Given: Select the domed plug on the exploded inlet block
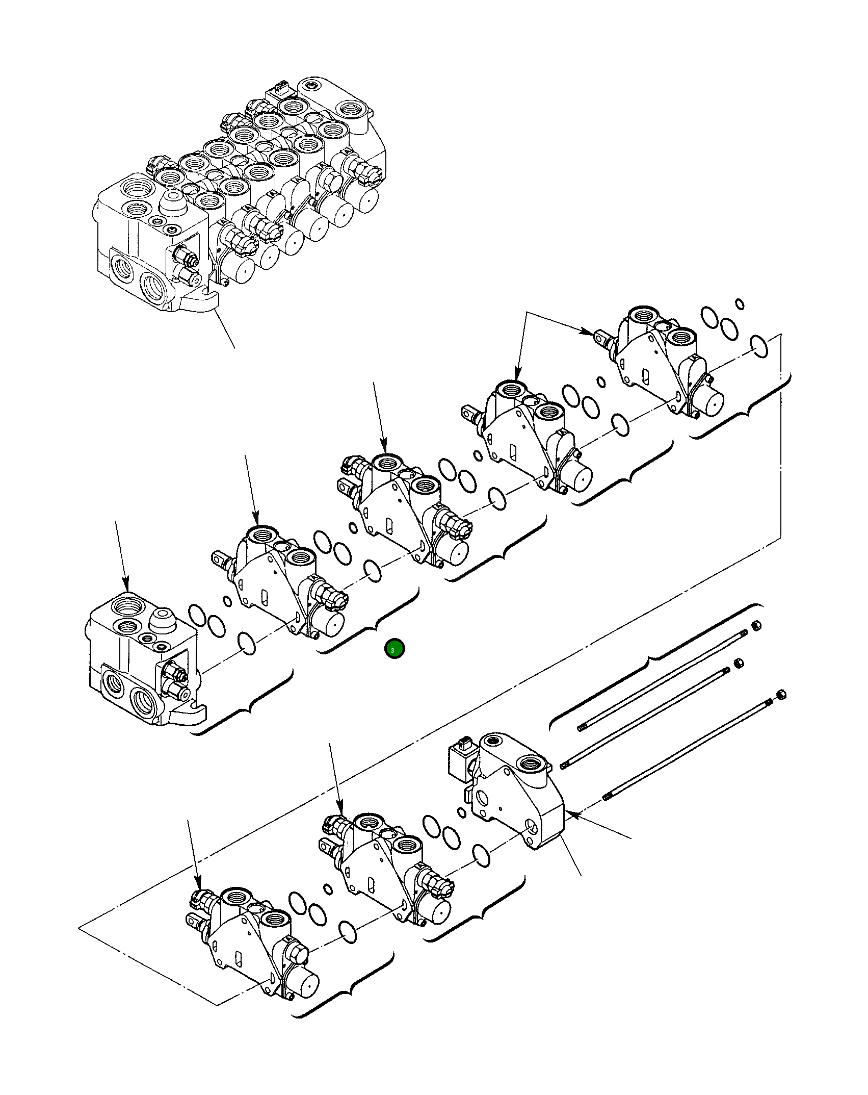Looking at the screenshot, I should coord(162,619).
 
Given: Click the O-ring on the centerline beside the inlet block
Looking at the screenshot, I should coord(247,644).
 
